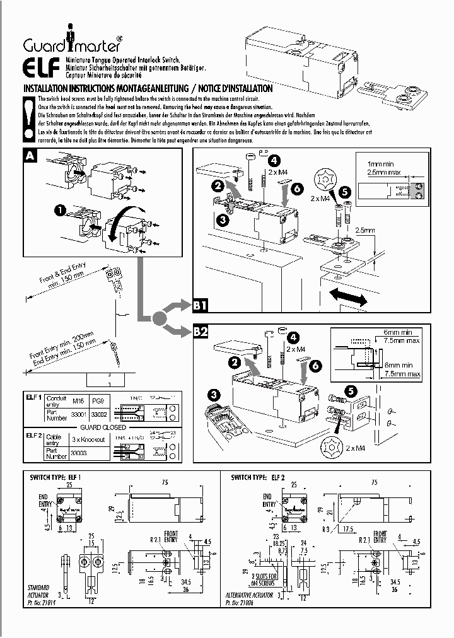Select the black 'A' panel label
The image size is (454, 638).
coord(30,156)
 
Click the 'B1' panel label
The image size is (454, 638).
coord(201,306)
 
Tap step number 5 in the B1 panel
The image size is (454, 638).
coord(344,191)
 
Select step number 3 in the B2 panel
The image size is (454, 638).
coord(216,394)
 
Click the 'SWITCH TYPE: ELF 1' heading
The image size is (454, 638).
coord(55,478)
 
